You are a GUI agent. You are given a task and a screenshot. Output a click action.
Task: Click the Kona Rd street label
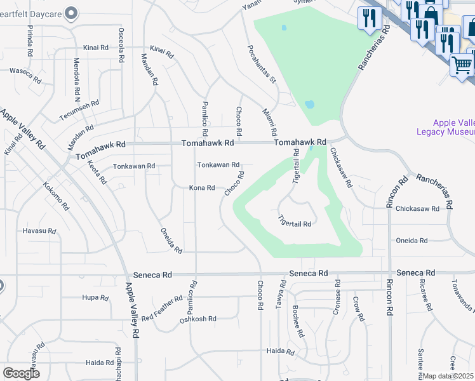[x=202, y=188]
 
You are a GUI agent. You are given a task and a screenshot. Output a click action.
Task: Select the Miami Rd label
[x=270, y=122]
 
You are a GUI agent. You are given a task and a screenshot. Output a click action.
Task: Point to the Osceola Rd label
[x=121, y=44]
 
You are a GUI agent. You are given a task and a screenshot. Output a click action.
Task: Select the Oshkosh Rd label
[x=198, y=319]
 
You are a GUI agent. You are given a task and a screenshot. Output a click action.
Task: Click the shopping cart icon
[x=462, y=65]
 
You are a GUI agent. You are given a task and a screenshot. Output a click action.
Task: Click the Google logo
[x=21, y=373]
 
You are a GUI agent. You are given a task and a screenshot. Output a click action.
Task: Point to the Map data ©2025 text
[x=448, y=376]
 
